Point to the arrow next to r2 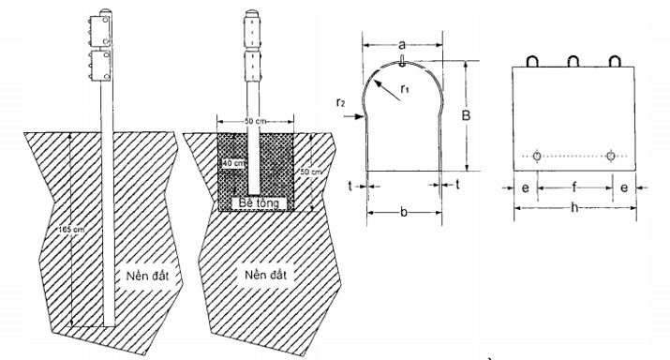352,118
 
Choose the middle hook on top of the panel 573,61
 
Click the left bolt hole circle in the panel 534,157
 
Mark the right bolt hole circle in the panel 611,157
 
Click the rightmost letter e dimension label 626,187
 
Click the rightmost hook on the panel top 615,61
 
